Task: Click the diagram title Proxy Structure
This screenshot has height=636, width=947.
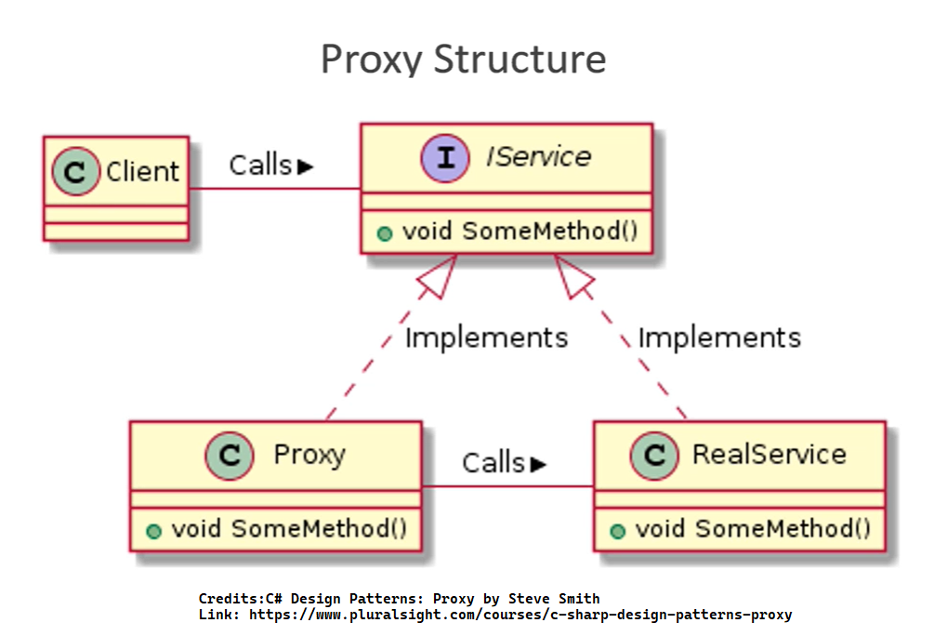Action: point(463,60)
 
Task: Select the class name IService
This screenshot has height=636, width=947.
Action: point(538,156)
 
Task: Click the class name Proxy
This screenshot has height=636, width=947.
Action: point(309,455)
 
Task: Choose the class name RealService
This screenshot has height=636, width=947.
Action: point(769,455)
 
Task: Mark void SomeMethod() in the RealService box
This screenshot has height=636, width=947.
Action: point(752,529)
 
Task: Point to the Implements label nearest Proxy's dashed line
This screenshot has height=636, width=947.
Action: point(486,337)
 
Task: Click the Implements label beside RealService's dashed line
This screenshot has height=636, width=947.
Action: point(719,337)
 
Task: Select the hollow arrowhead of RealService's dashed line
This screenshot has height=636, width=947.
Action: point(572,275)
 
